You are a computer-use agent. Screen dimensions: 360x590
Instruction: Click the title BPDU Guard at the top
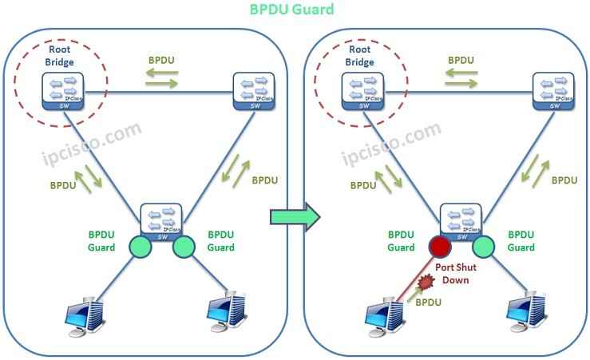[x=291, y=10]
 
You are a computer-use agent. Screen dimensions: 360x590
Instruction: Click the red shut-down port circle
[x=440, y=246]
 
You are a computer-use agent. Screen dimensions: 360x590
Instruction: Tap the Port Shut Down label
[x=456, y=274]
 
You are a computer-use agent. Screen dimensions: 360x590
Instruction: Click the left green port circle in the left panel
[x=141, y=246]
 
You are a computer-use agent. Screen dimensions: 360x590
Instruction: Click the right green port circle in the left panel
[x=184, y=246]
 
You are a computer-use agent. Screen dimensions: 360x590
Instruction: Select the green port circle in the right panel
[x=484, y=246]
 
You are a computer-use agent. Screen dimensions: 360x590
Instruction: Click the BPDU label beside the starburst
[x=430, y=304]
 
